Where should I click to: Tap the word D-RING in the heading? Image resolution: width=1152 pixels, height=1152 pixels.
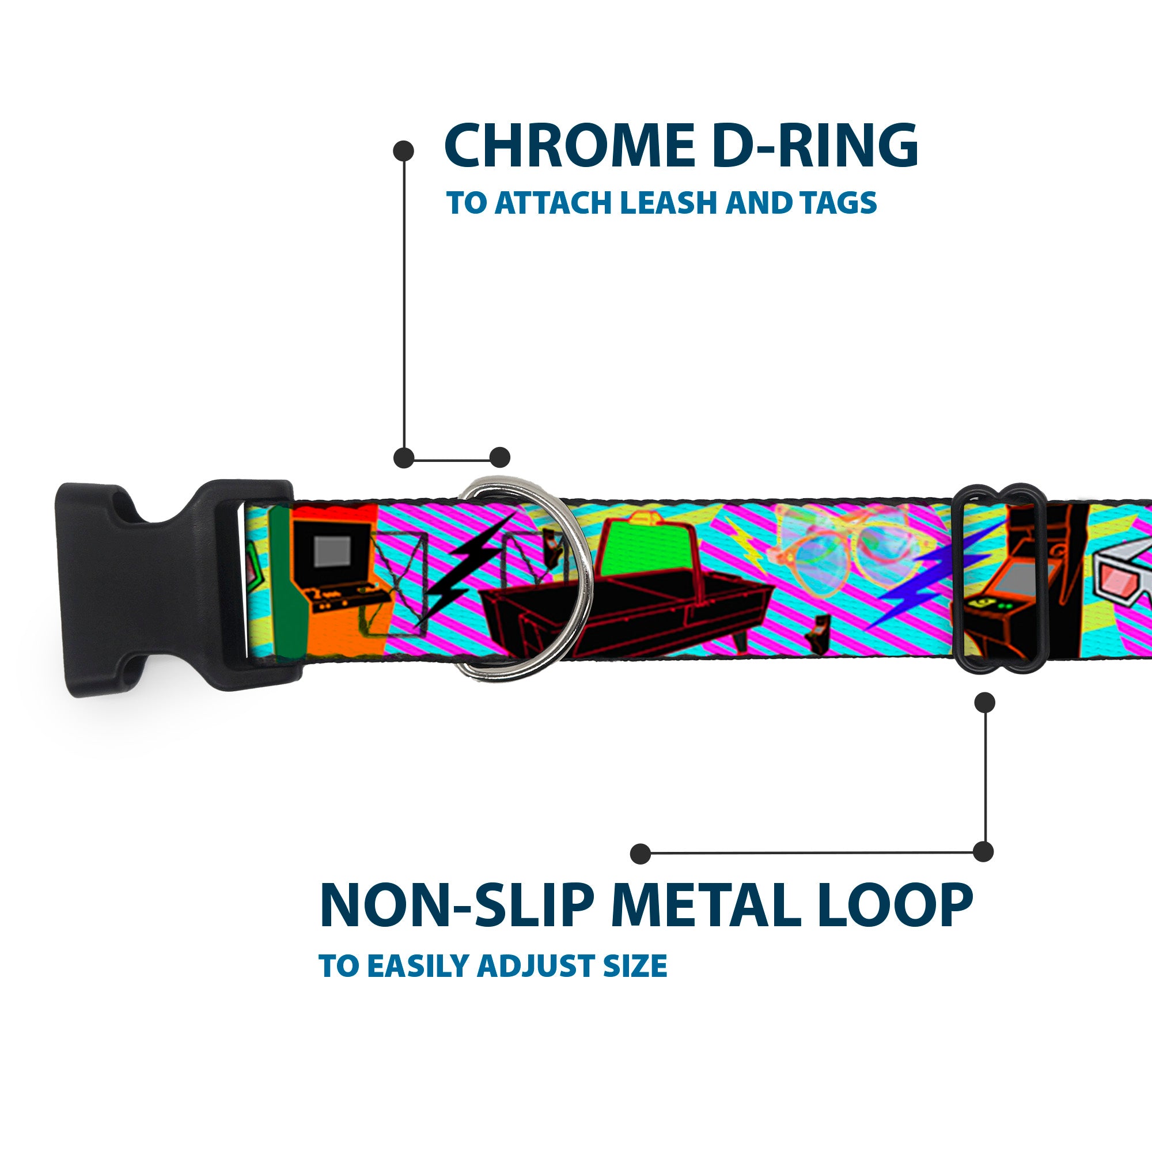click(814, 146)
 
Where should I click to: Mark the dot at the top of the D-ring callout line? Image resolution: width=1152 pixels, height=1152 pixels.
click(404, 151)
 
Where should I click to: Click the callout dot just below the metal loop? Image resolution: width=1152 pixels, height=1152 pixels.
click(984, 702)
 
